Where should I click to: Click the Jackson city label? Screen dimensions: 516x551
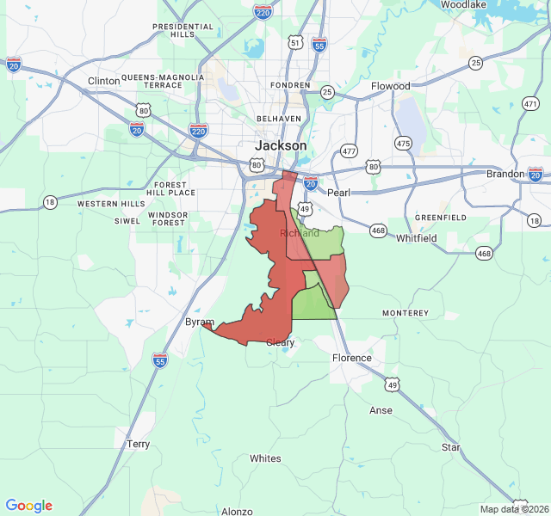tap(281, 145)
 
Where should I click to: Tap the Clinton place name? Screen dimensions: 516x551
tap(104, 81)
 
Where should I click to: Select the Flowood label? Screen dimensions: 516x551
tap(391, 86)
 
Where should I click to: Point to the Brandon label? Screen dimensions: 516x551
tap(505, 174)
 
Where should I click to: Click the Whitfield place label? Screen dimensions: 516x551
tap(417, 238)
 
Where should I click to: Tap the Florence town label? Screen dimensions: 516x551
tap(352, 358)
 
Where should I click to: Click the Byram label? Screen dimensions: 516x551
tap(200, 322)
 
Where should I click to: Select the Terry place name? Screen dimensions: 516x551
tap(138, 445)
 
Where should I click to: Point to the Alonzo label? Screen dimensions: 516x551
tap(237, 511)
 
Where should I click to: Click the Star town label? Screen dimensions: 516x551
tap(451, 447)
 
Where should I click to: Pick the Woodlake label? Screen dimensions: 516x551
tap(465, 4)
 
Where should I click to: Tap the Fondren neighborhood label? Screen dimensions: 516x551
tap(289, 86)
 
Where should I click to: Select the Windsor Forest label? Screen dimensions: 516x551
tap(167, 218)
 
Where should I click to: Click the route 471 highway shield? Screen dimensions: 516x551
tap(530, 103)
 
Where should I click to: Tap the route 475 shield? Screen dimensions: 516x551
tap(403, 143)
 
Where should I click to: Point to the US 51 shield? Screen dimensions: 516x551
tap(295, 42)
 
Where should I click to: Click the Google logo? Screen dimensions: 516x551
tap(29, 506)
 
